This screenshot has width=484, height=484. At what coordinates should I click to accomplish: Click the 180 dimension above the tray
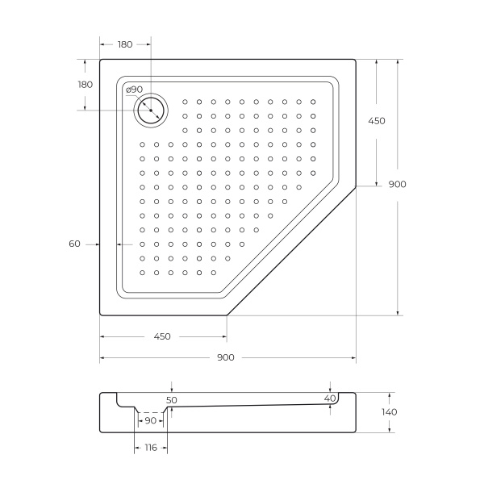pyautogui.click(x=125, y=44)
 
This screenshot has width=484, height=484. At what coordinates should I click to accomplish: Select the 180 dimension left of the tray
pyautogui.click(x=85, y=85)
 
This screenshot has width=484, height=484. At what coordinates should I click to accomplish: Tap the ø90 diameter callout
pyautogui.click(x=134, y=90)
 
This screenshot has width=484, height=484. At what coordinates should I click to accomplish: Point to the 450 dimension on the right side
pyautogui.click(x=377, y=121)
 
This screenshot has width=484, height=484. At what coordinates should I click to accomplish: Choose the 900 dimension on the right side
pyautogui.click(x=397, y=184)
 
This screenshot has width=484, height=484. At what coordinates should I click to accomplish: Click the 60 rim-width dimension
pyautogui.click(x=74, y=243)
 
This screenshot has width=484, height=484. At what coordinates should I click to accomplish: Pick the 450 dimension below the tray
pyautogui.click(x=161, y=336)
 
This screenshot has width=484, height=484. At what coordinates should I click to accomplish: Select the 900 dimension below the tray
pyautogui.click(x=225, y=357)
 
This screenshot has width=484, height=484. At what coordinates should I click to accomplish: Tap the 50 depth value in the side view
pyautogui.click(x=171, y=399)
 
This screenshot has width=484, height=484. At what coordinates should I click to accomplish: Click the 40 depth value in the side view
pyautogui.click(x=329, y=398)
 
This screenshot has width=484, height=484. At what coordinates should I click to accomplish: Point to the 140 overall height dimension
pyautogui.click(x=390, y=412)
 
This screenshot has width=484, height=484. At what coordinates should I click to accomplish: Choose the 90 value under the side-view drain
pyautogui.click(x=150, y=420)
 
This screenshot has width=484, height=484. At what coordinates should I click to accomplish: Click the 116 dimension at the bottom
pyautogui.click(x=151, y=448)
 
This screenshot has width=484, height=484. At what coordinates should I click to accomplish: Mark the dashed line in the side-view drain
pyautogui.click(x=149, y=412)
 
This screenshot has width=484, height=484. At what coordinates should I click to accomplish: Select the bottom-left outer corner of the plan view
pyautogui.click(x=101, y=315)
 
